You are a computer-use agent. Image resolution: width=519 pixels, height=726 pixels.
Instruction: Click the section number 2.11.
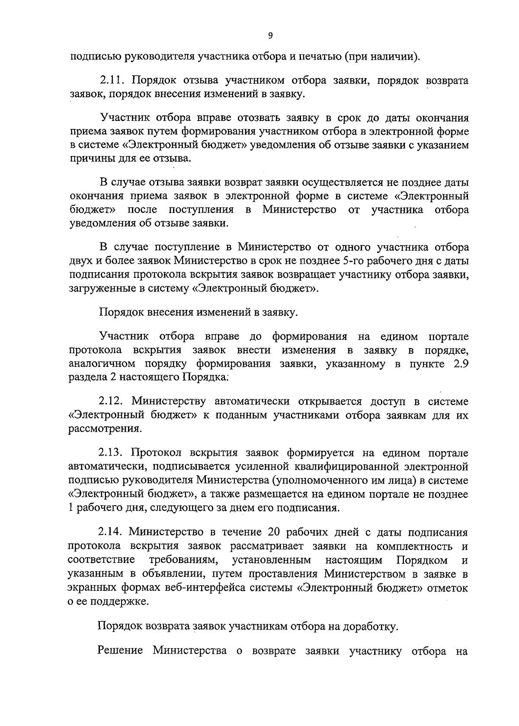coord(112,81)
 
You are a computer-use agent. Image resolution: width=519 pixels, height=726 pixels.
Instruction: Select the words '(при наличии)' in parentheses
coord(383,56)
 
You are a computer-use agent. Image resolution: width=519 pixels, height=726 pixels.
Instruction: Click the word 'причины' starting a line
coord(89,159)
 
